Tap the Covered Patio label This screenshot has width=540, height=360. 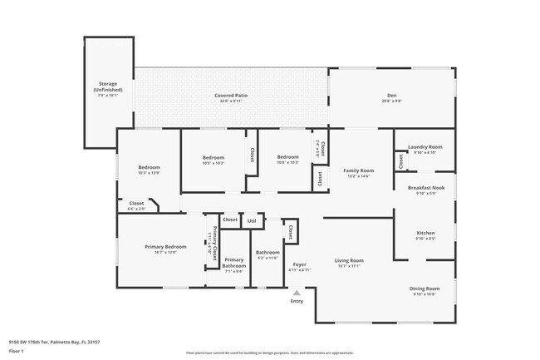coord(231,96)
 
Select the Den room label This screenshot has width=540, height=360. coord(391,96)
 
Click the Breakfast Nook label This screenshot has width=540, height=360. coord(425,188)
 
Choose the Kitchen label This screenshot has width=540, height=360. coord(425,233)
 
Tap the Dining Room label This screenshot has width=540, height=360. coord(425,288)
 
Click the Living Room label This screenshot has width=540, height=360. coord(349,260)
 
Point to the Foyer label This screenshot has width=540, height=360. coord(299,264)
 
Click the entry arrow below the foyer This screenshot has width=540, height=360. coord(297,293)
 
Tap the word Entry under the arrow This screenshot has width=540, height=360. coord(297,301)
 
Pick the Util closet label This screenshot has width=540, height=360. coord(252,220)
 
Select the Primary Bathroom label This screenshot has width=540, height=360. coord(233,263)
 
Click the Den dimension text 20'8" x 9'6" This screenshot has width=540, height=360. coord(391,101)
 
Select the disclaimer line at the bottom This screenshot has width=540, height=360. coord(269,353)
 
